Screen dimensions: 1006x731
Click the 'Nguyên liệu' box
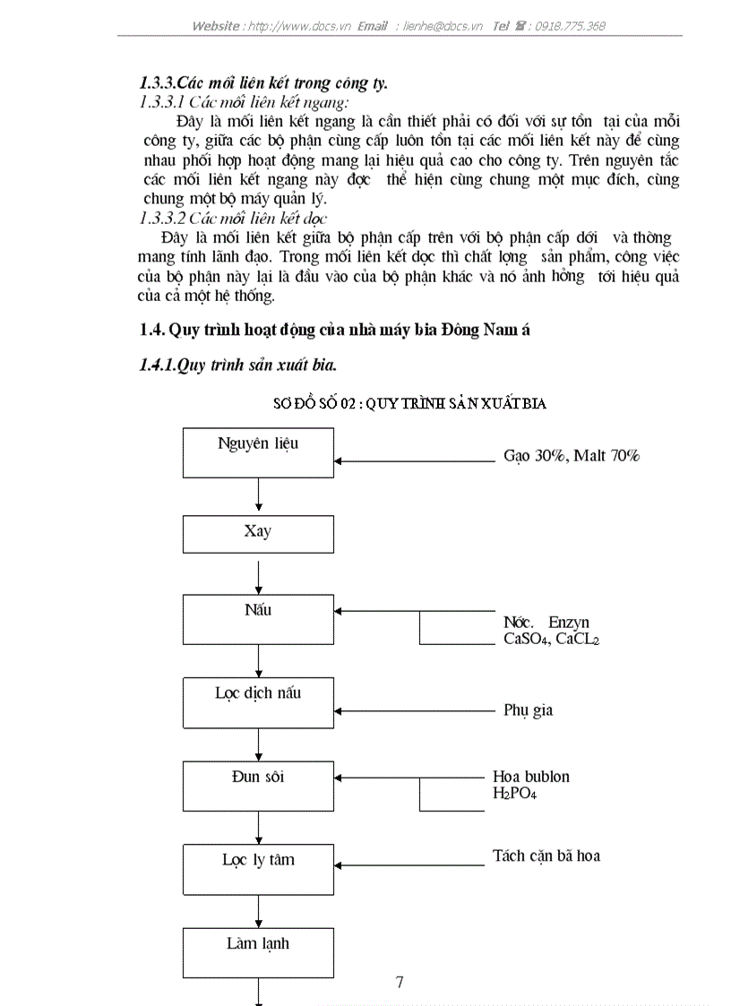pos(258,453)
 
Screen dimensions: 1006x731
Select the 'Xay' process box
pos(258,533)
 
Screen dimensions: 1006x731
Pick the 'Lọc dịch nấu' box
pos(258,702)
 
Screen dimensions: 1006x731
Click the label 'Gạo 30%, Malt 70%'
pos(571,456)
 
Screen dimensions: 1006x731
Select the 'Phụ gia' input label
pos(528,710)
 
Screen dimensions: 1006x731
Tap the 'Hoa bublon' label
pos(531,777)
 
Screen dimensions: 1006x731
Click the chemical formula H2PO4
pos(514,794)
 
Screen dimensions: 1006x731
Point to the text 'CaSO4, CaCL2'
pos(551,639)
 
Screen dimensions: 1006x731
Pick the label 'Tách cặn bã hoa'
pos(546,856)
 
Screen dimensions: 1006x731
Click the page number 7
pos(400,982)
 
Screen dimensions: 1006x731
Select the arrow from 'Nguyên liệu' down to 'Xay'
pos(258,496)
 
